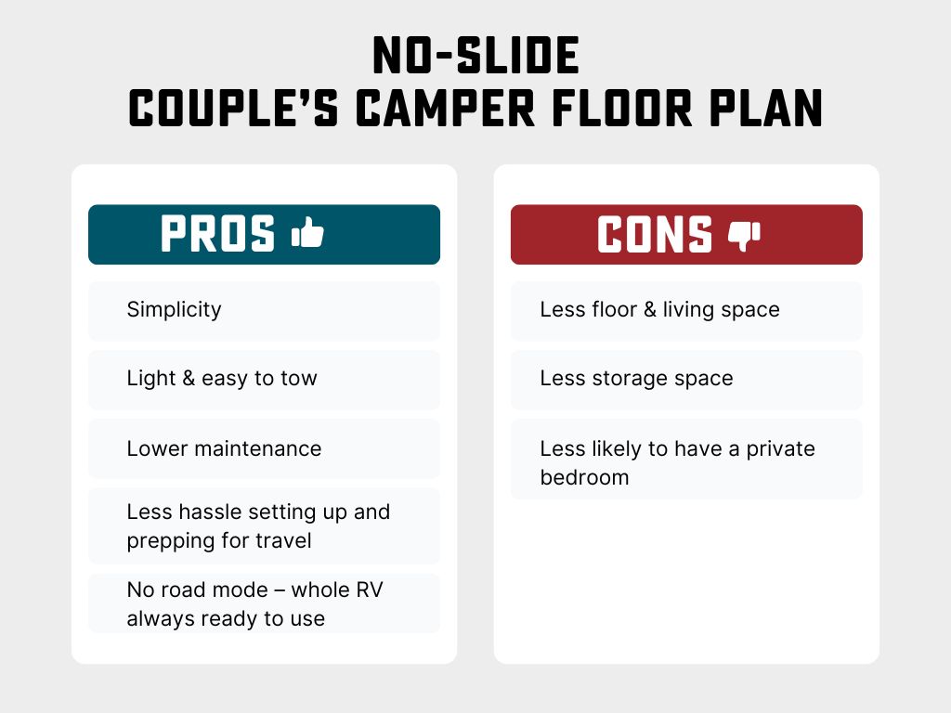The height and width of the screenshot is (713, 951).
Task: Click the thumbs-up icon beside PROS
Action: [x=307, y=233]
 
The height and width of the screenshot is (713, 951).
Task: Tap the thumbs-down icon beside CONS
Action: [x=744, y=235]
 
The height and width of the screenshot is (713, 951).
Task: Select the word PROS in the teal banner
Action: [x=218, y=234]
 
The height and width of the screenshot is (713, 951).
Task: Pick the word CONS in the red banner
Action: [x=655, y=235]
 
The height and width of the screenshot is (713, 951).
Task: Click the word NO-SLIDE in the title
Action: [x=475, y=58]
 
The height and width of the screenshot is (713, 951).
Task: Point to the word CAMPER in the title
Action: [x=438, y=109]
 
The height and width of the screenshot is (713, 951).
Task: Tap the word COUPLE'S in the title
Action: [x=236, y=109]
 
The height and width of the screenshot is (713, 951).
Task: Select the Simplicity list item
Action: [x=174, y=309]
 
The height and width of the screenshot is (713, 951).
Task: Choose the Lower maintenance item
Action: [x=224, y=448]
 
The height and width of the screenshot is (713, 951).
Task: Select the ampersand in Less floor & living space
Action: [x=649, y=309]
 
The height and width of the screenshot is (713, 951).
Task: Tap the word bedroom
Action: [x=584, y=477]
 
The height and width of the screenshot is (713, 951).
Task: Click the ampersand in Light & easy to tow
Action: [x=187, y=379]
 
